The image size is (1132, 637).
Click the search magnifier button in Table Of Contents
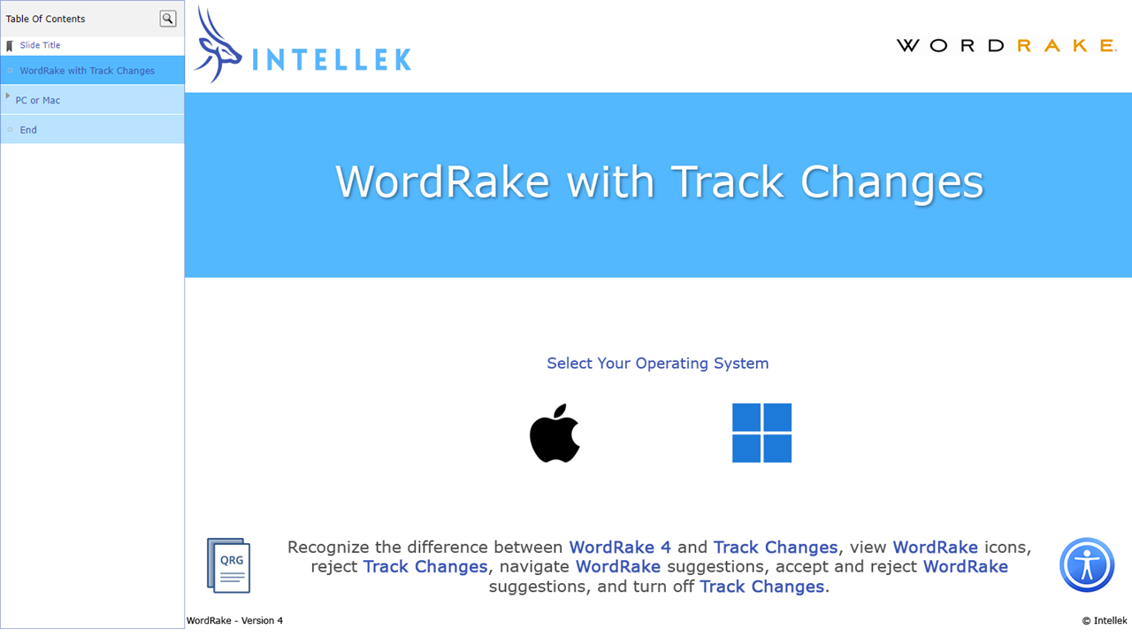(x=167, y=19)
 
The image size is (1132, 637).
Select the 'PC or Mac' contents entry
(x=38, y=101)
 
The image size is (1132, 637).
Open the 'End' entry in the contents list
(x=28, y=130)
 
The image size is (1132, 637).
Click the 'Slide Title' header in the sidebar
(x=40, y=45)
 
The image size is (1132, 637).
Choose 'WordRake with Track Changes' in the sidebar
(x=87, y=71)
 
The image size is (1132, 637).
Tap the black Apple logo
(x=555, y=433)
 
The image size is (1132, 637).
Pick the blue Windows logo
(x=761, y=433)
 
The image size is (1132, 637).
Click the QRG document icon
(x=228, y=564)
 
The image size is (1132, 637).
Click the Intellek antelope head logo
(x=216, y=47)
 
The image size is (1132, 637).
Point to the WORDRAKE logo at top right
(x=1006, y=46)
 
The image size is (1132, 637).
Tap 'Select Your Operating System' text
(x=657, y=364)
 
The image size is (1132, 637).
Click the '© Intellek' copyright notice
(x=1104, y=621)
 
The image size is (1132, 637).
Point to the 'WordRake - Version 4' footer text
(x=234, y=621)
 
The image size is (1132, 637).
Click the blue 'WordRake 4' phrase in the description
(x=619, y=548)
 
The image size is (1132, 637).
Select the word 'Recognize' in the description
(x=333, y=548)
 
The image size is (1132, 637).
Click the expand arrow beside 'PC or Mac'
(x=8, y=96)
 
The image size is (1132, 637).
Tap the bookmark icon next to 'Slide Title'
(x=10, y=46)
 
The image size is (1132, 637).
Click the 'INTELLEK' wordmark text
(x=332, y=59)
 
